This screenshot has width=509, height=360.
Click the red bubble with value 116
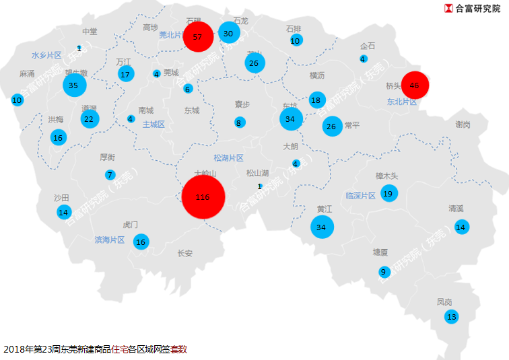point(203,198)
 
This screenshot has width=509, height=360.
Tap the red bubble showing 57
point(198,37)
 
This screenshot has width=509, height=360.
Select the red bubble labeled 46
point(414,85)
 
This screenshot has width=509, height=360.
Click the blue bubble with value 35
point(74,85)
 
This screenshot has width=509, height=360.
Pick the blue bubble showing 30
point(229,34)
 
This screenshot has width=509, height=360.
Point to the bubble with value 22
point(89,119)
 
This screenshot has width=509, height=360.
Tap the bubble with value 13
point(451,316)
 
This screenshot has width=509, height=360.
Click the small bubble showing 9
point(384,272)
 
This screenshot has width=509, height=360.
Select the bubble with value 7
point(110,175)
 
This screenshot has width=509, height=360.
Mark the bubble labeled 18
point(316,100)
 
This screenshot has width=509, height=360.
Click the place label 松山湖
point(257,173)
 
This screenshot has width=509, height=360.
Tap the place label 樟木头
point(388,176)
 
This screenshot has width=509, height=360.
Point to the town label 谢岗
point(463,124)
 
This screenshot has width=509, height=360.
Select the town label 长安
point(184,254)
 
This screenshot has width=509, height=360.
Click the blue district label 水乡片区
point(46,55)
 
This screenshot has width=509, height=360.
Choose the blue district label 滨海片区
point(110,240)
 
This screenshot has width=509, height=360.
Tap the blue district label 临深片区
point(360,196)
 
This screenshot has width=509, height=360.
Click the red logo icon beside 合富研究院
point(448,9)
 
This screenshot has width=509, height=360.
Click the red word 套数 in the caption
point(178,349)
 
